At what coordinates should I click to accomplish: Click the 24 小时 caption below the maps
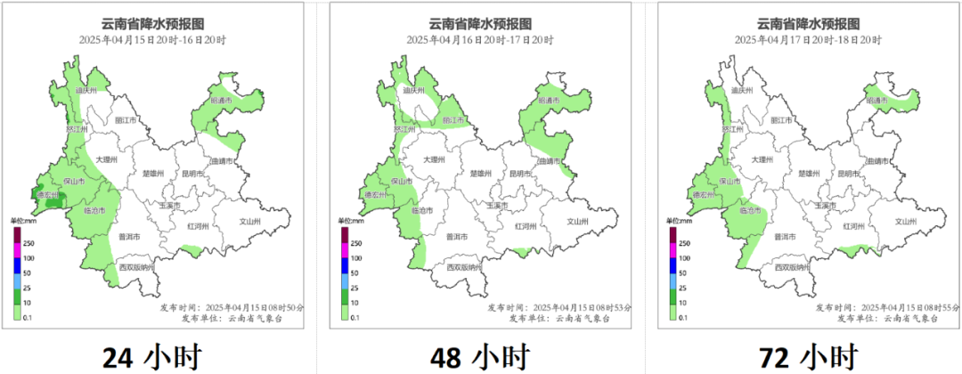(x=151, y=357)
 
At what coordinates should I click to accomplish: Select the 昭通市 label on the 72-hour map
(x=878, y=101)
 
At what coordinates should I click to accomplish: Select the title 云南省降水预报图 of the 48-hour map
(x=480, y=24)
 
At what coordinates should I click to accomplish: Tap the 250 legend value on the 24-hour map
(x=29, y=242)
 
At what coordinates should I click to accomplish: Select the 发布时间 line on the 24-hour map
(x=232, y=306)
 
